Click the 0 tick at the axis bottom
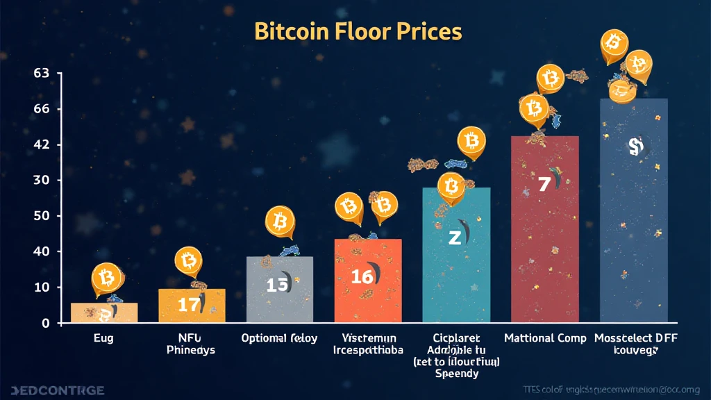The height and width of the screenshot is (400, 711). pyautogui.click(x=46, y=323)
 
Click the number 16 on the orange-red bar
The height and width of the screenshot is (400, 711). pyautogui.click(x=362, y=276)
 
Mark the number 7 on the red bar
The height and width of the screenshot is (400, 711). pyautogui.click(x=544, y=184)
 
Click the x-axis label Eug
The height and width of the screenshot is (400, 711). pyautogui.click(x=104, y=339)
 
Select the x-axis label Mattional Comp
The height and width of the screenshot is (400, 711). pyautogui.click(x=544, y=339)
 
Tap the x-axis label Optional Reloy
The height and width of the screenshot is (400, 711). pyautogui.click(x=279, y=339)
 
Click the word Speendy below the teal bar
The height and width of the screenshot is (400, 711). pyautogui.click(x=456, y=374)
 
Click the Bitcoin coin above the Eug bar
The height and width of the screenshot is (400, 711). pyautogui.click(x=106, y=279)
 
